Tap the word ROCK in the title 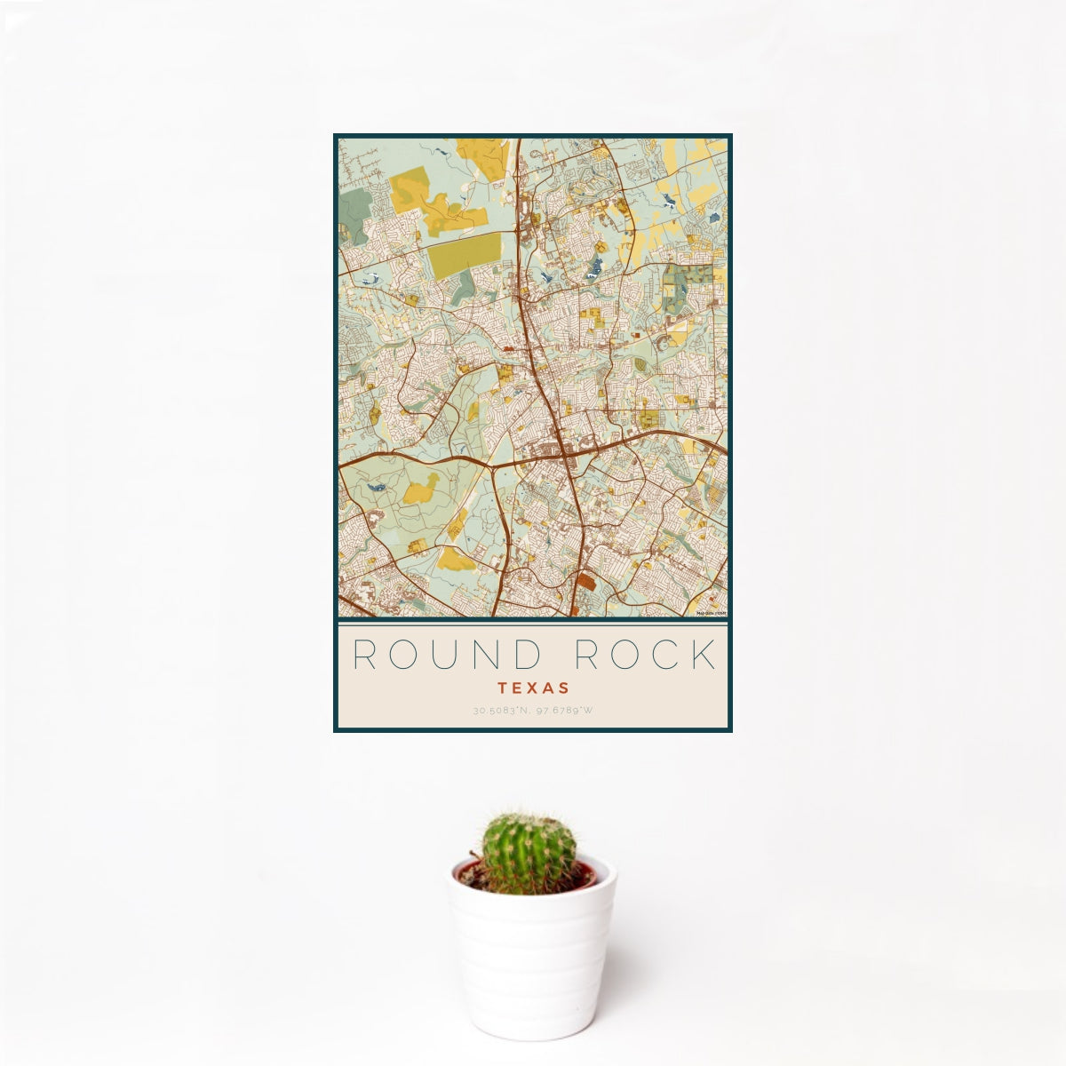(x=645, y=655)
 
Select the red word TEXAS (x=533, y=688)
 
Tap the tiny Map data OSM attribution (x=712, y=613)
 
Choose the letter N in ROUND (x=488, y=655)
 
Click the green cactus (x=529, y=853)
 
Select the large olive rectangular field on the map (x=464, y=255)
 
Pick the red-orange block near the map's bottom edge (x=585, y=582)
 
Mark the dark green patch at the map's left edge (x=353, y=214)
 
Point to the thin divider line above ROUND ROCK (x=533, y=624)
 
